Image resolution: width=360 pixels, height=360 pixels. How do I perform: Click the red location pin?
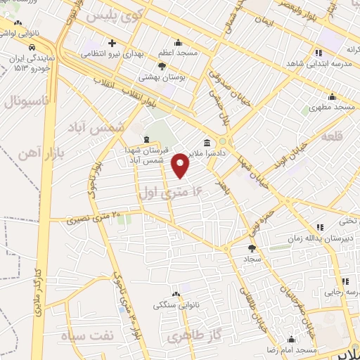click(x=181, y=165)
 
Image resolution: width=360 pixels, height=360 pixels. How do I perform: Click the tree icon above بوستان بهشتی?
click(x=162, y=65)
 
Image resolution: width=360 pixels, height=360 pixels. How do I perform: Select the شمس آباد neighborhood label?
click(x=96, y=127)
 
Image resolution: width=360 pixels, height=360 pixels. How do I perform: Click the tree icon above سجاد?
click(x=252, y=248)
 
